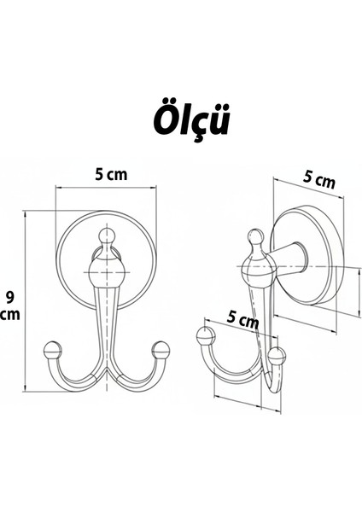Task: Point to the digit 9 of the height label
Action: click(9, 297)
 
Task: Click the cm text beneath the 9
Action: click(10, 316)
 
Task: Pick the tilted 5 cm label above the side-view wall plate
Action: click(319, 180)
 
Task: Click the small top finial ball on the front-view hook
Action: click(106, 234)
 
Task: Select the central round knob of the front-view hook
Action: click(106, 276)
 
